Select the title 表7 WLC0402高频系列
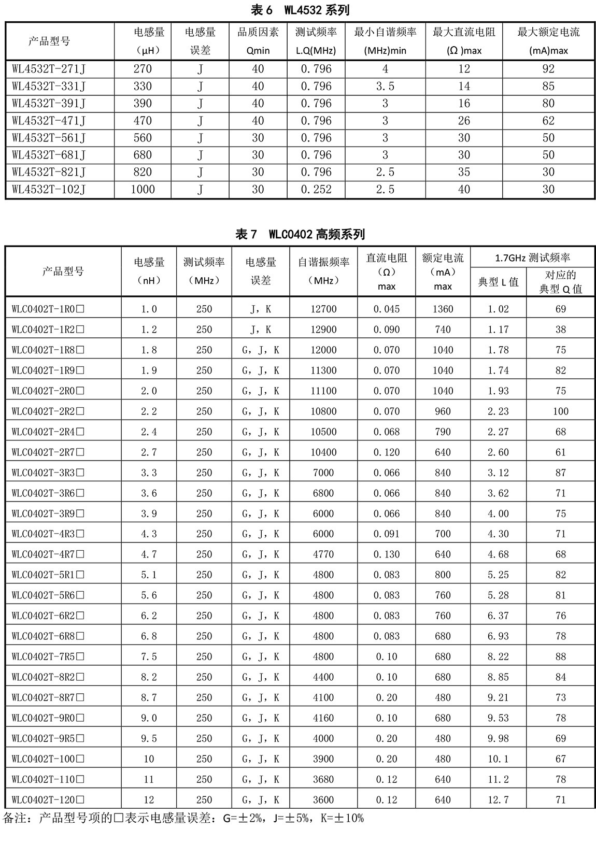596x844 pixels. (x=300, y=234)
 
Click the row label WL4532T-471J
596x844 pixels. (x=49, y=121)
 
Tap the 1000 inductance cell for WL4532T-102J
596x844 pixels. (x=143, y=189)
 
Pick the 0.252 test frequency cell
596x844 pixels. (x=316, y=189)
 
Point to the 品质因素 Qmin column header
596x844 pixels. (x=258, y=41)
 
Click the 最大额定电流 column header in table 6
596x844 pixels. (x=548, y=41)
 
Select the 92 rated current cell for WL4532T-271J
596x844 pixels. (x=548, y=69)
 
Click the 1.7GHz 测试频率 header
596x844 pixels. (x=532, y=258)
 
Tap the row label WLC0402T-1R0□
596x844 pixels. (x=48, y=309)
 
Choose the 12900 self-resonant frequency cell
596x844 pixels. (x=323, y=330)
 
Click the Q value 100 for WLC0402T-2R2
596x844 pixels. (x=560, y=411)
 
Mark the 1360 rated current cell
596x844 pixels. (x=443, y=309)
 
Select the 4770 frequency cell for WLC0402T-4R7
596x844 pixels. (x=323, y=554)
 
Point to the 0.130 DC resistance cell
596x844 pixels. (x=387, y=554)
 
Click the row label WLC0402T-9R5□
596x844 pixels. (x=48, y=738)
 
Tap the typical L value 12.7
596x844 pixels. (x=498, y=799)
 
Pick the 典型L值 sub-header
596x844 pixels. (x=498, y=282)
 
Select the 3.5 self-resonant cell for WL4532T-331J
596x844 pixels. (x=385, y=86)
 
